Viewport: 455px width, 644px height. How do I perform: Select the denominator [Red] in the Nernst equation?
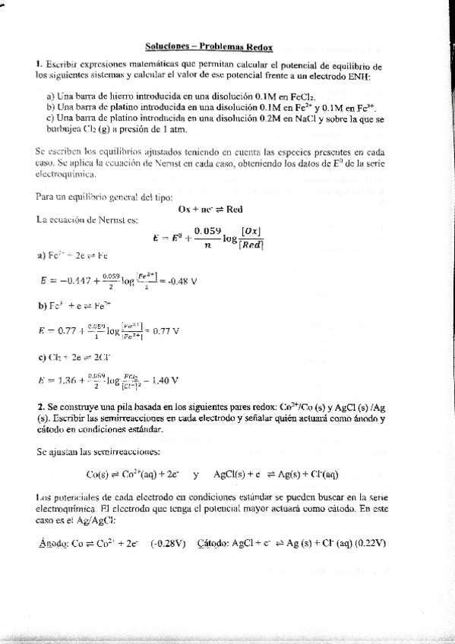point(251,245)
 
